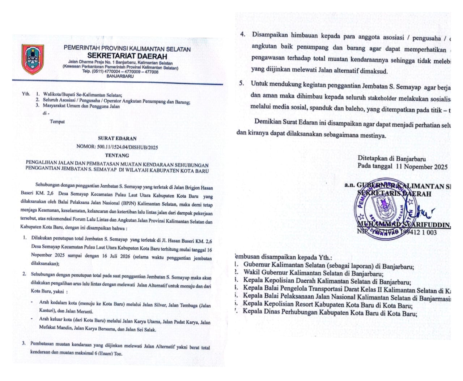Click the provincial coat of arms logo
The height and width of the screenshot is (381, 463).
[33, 59]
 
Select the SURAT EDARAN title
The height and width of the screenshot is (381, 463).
[117, 138]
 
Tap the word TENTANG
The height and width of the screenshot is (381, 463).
[117, 156]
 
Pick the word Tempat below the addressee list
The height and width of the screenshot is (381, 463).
[58, 122]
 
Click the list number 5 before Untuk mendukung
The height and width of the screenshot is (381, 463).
[241, 83]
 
